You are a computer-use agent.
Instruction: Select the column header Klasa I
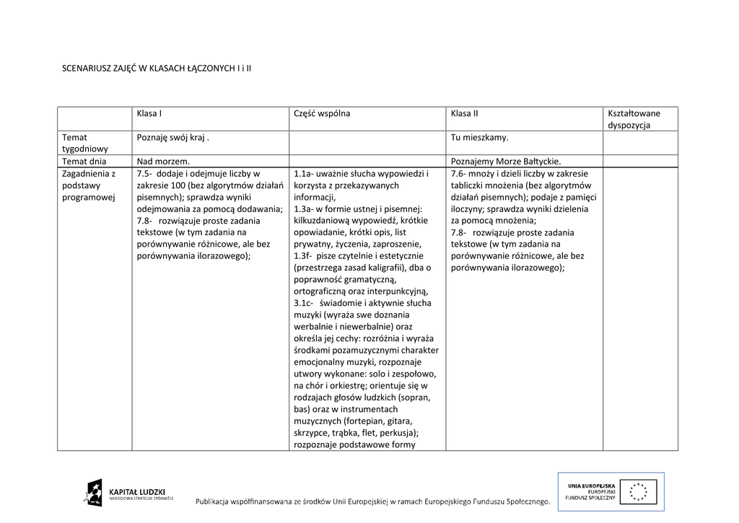(x=149, y=113)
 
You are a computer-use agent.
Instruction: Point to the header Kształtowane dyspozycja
(x=634, y=119)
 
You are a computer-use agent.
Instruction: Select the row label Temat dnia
(x=84, y=161)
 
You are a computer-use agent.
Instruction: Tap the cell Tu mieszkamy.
(x=479, y=137)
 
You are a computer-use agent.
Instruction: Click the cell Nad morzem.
(x=163, y=161)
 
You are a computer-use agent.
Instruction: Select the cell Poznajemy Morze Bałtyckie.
(x=505, y=161)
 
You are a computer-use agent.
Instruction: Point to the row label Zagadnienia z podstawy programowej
(x=89, y=185)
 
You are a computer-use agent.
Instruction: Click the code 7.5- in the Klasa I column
(x=144, y=174)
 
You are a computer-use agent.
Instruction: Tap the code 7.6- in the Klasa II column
(x=459, y=174)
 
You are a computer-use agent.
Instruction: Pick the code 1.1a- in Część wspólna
(x=304, y=174)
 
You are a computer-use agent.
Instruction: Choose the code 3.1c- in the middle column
(x=305, y=303)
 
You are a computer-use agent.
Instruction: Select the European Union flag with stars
(x=638, y=491)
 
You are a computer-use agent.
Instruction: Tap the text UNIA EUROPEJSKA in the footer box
(x=592, y=485)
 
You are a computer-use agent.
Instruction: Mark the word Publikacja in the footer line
(x=220, y=501)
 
